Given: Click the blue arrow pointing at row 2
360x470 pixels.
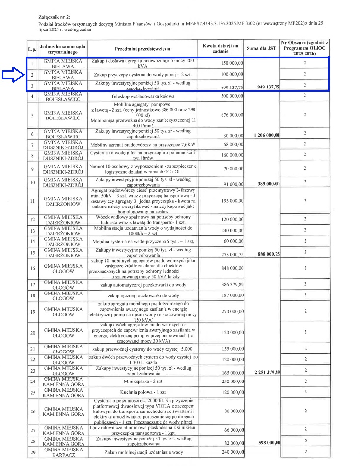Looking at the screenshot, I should pos(13,75).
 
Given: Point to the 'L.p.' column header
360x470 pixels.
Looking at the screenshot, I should pos(32,49).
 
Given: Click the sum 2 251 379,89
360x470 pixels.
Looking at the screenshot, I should pos(267,372).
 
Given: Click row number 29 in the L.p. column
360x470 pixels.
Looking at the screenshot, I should pos(32,452).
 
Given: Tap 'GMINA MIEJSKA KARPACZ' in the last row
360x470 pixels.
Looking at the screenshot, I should pos(62,452).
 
